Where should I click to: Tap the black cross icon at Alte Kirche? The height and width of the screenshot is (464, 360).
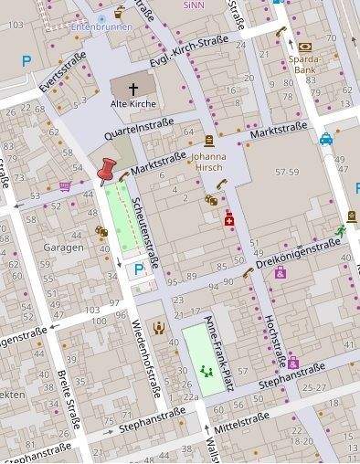(133, 89)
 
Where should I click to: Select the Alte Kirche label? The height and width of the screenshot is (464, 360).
(133, 104)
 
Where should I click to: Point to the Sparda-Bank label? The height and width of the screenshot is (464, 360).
(303, 64)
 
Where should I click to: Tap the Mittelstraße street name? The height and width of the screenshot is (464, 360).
(239, 419)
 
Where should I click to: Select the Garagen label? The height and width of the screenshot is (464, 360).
(64, 247)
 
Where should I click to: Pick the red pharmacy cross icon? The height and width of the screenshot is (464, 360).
(229, 220)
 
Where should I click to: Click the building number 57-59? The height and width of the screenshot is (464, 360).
(286, 172)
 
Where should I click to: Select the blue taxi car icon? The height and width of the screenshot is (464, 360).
(326, 140)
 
